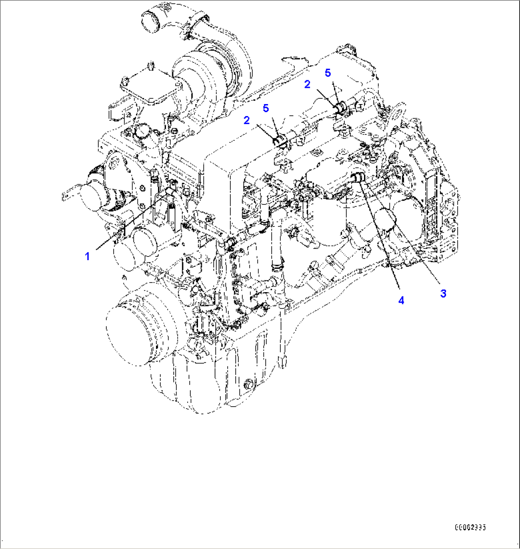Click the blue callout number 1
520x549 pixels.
(87, 256)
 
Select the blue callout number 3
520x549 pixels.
(443, 294)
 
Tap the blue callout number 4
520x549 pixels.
(401, 300)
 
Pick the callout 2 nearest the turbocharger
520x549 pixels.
(247, 120)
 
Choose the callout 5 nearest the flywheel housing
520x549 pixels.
(328, 73)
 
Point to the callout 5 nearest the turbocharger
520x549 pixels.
(266, 109)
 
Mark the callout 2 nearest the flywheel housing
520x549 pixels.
(308, 84)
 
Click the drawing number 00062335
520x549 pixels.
(470, 528)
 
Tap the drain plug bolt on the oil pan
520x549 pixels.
(248, 384)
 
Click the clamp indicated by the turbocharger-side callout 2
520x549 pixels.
(280, 140)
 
